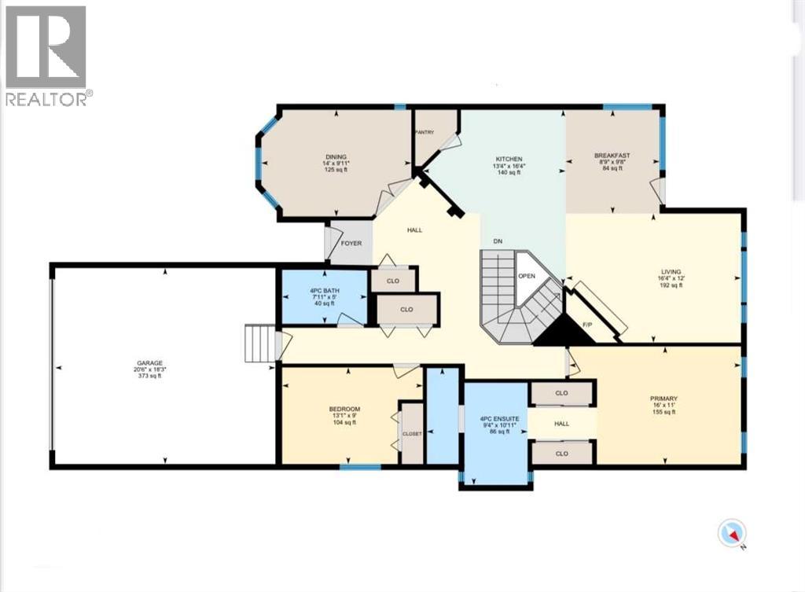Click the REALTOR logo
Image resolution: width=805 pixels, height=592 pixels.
[x=46, y=55]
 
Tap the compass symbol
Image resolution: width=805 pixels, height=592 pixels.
[x=732, y=535]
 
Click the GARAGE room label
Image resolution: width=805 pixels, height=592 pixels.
[x=148, y=363]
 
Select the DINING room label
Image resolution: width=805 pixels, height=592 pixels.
[x=336, y=157]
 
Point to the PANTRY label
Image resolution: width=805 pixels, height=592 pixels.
[x=425, y=133]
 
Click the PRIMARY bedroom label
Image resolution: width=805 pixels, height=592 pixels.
[x=664, y=399]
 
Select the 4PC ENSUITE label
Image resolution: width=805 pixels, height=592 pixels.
[x=495, y=418]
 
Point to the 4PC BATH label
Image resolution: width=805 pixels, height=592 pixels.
[x=322, y=291]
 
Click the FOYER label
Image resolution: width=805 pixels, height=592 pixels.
[x=351, y=244]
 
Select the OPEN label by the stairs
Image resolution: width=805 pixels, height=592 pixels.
[x=527, y=277]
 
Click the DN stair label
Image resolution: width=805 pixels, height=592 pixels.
[x=498, y=241]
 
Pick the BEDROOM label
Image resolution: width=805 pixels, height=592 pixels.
[x=344, y=410]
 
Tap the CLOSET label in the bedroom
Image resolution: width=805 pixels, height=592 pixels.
[x=412, y=434]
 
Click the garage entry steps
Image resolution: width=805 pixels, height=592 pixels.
[x=260, y=344]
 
